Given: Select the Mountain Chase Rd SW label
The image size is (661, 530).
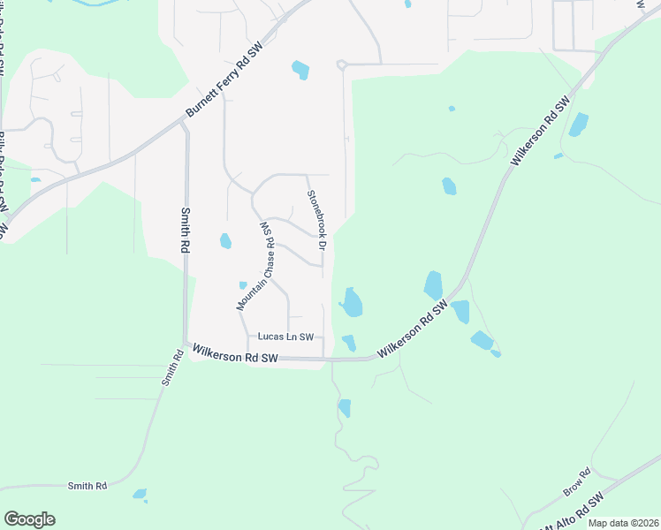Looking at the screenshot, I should pyautogui.click(x=256, y=266).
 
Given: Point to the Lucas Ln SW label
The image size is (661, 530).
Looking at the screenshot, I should pyautogui.click(x=285, y=337).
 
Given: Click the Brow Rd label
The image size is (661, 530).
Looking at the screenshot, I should pyautogui.click(x=575, y=481).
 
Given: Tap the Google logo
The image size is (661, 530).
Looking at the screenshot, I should pyautogui.click(x=29, y=519).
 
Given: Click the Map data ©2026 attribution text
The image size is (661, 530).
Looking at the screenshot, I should pyautogui.click(x=623, y=523).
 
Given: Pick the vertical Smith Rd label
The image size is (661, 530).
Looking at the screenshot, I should pyautogui.click(x=186, y=231).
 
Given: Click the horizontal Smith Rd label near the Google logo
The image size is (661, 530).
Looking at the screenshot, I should pyautogui.click(x=87, y=486).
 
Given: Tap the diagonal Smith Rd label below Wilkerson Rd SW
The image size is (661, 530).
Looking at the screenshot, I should pyautogui.click(x=171, y=369).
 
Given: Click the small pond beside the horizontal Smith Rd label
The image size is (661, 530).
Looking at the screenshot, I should pyautogui.click(x=140, y=494).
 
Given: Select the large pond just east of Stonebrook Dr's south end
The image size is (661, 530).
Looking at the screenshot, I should pyautogui.click(x=352, y=303).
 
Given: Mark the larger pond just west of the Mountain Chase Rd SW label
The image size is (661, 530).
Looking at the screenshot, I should pyautogui.click(x=225, y=240).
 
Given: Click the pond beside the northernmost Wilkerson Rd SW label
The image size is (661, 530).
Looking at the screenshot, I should pyautogui.click(x=579, y=125).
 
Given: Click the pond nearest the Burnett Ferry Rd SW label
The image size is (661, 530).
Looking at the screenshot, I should pyautogui.click(x=300, y=69).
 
